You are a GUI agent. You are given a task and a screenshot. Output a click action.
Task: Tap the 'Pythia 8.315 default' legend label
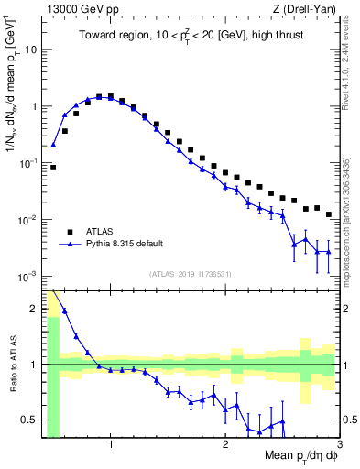pyautogui.click(x=128, y=245)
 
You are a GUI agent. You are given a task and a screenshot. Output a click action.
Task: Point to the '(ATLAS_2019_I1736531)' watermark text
pyautogui.click(x=190, y=274)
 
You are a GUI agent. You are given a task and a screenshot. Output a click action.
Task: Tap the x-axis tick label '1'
pyautogui.click(x=111, y=446)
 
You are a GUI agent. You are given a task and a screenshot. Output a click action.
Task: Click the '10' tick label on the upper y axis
pyautogui.click(x=30, y=49)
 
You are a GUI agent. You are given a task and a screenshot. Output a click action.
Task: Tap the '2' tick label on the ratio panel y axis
pyautogui.click(x=34, y=309)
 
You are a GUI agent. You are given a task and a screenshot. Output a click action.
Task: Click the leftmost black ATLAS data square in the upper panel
pyautogui.click(x=53, y=168)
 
